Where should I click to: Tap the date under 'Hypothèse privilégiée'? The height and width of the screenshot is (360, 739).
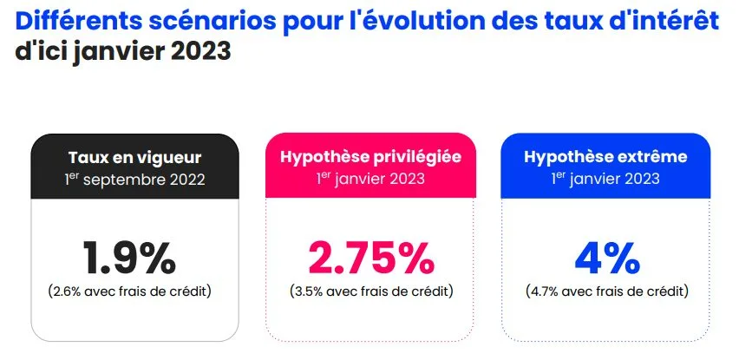(369, 180)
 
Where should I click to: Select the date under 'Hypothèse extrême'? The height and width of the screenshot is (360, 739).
(606, 180)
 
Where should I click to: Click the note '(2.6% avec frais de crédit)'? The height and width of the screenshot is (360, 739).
(130, 290)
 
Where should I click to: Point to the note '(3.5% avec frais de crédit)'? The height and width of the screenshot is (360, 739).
(370, 290)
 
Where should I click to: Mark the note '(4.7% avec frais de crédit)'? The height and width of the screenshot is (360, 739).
(606, 290)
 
